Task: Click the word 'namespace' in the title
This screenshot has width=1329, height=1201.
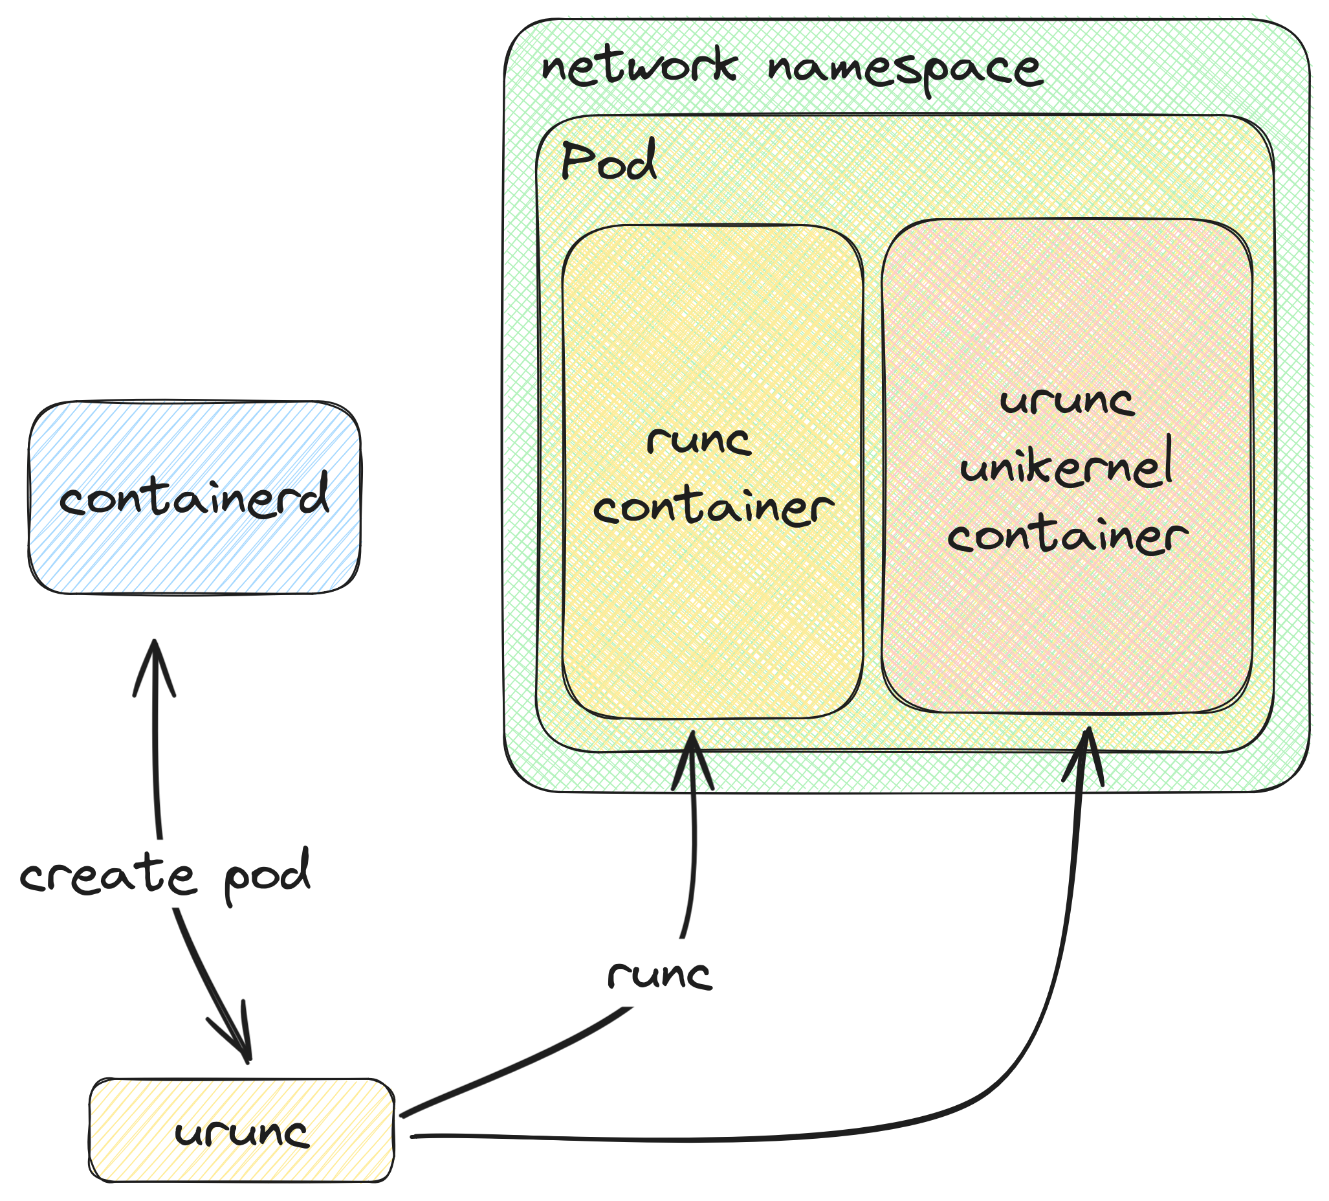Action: pos(905,70)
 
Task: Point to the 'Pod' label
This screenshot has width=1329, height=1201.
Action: pos(608,162)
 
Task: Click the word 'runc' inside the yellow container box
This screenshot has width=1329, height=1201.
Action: pos(699,440)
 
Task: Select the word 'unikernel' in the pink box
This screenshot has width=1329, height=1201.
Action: pos(1066,466)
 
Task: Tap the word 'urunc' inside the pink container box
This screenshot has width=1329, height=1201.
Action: pos(1066,400)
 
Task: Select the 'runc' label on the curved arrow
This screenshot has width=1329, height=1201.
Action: pos(659,975)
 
